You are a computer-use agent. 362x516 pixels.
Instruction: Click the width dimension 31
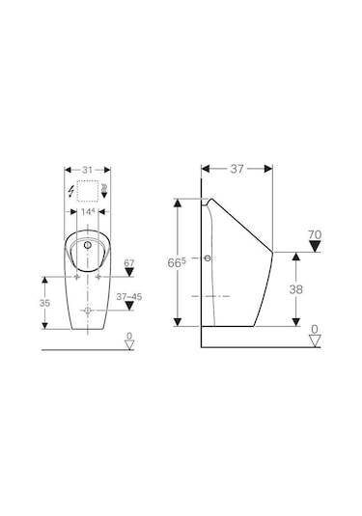pos(87,170)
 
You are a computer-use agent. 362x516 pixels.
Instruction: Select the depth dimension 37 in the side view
pos(237,169)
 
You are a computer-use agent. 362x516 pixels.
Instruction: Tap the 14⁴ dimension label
pos(88,211)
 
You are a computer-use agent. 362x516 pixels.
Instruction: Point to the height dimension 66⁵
pos(177,262)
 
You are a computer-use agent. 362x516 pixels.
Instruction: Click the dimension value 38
pos(295,289)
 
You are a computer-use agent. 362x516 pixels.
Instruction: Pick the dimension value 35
pos(44,303)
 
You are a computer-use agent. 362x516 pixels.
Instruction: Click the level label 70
pos(315,235)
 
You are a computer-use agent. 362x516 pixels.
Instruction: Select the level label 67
pos(129,263)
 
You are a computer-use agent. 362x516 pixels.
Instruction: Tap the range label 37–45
pos(129,297)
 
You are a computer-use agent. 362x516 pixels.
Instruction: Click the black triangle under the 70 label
pos(315,246)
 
